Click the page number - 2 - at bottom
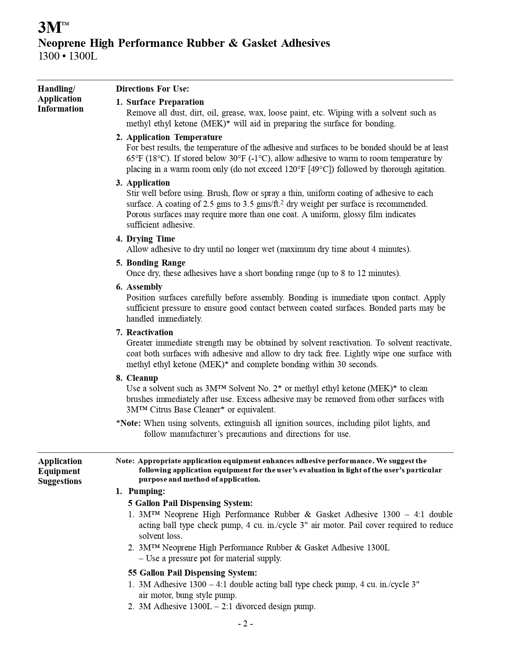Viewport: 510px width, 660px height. (245, 624)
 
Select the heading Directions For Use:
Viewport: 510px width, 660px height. (152, 89)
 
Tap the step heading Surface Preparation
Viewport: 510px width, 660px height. (165, 102)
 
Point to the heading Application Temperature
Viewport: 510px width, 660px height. (174, 137)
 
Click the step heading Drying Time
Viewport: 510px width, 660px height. (150, 239)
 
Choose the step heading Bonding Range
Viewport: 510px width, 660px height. (156, 263)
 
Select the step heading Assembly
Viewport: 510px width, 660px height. (144, 287)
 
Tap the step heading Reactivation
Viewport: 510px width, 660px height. (150, 332)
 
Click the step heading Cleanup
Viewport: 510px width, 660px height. (142, 378)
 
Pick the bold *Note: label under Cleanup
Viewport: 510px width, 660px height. (128, 423)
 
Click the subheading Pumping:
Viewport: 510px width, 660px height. (146, 491)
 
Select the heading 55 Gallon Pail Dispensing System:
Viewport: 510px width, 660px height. (192, 573)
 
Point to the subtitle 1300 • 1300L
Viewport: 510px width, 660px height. (68, 56)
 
